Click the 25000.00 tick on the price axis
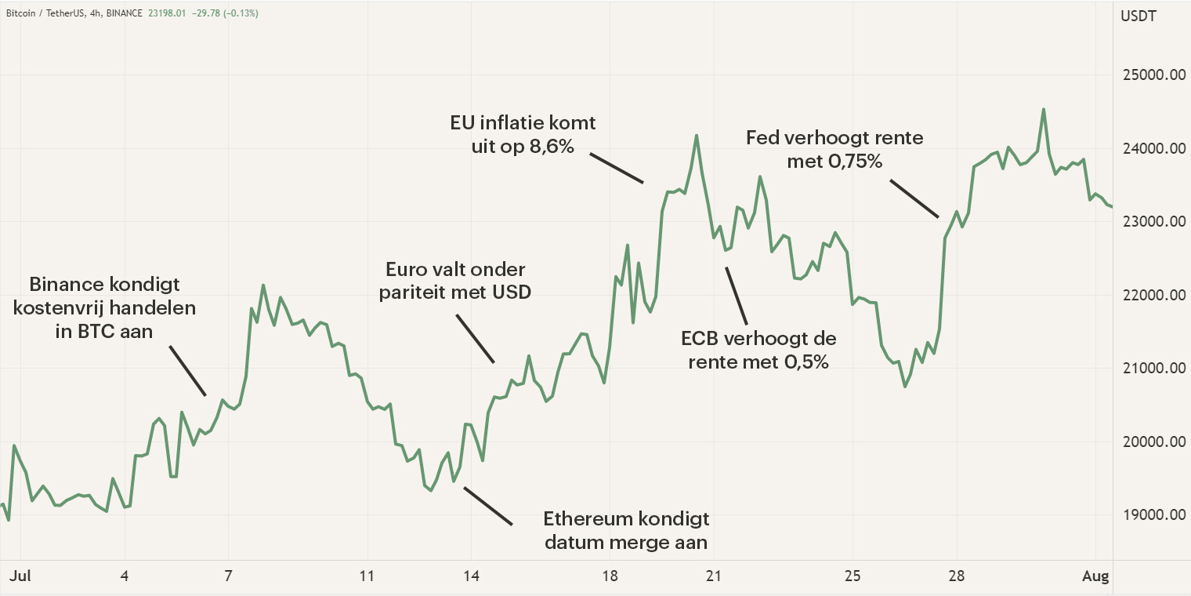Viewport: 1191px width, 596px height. point(1151,75)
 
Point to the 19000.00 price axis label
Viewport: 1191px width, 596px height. point(1151,515)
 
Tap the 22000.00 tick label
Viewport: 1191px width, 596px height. point(1151,296)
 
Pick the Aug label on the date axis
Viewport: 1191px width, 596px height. point(1096,576)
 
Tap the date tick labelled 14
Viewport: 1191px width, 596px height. point(471,576)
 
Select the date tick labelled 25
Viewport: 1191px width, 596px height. point(853,576)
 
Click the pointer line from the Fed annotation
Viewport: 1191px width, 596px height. point(914,198)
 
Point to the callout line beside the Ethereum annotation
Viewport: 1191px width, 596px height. point(487,506)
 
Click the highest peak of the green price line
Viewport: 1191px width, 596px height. point(1043,110)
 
